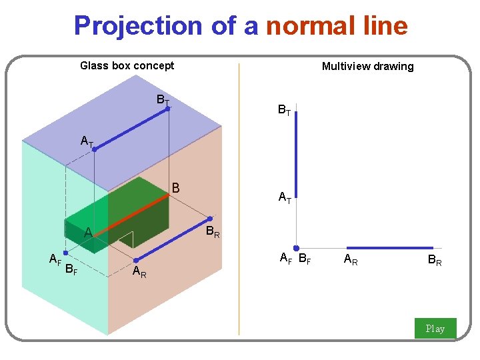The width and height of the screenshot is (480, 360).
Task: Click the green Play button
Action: click(435, 328)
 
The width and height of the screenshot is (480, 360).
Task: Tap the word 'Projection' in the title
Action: click(137, 26)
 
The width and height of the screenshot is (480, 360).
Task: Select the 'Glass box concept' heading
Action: click(127, 65)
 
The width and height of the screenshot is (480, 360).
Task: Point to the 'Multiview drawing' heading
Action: click(367, 66)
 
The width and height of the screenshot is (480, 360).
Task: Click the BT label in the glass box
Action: click(162, 100)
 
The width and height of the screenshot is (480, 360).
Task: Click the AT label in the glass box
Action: click(87, 141)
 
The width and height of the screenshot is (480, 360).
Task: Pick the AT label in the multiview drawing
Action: click(285, 197)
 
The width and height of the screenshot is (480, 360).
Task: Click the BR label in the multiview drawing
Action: click(435, 261)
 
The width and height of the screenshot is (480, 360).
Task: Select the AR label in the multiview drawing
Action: click(351, 261)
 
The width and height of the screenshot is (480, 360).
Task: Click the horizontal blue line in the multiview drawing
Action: click(389, 248)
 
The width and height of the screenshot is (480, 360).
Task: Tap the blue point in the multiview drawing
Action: click(296, 248)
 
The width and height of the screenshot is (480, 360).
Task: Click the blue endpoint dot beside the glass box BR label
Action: click(210, 219)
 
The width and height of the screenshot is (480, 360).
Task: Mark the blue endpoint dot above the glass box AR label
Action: click(135, 260)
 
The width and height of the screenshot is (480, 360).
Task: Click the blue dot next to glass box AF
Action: click(65, 253)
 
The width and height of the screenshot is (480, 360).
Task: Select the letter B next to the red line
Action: click(176, 189)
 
